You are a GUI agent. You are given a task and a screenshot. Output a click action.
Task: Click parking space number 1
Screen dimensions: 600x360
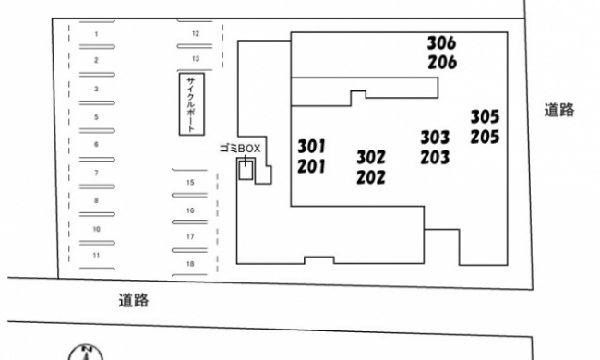click(x=96, y=34)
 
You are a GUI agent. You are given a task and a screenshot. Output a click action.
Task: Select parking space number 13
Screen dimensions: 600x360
click(x=196, y=59)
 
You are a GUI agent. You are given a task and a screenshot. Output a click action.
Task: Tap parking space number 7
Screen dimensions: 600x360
click(x=96, y=174)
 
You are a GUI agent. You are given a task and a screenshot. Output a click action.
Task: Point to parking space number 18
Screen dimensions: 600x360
click(x=190, y=264)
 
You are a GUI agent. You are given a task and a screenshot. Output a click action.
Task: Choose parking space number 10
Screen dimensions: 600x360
click(x=96, y=229)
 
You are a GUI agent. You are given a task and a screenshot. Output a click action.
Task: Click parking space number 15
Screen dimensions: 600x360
click(x=190, y=183)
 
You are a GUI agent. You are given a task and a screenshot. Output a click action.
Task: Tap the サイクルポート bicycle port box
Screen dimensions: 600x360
click(x=192, y=104)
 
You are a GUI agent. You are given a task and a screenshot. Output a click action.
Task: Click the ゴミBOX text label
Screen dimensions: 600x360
click(x=240, y=149)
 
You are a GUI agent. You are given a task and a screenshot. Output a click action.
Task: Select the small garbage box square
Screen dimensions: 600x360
click(x=246, y=170)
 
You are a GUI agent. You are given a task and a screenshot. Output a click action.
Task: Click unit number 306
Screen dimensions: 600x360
click(x=441, y=43)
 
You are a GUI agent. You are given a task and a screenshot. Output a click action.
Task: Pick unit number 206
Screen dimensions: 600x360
click(x=442, y=63)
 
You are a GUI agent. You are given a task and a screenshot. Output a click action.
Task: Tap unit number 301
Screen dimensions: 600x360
click(x=311, y=146)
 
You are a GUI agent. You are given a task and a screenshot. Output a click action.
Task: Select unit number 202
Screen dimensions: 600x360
click(x=371, y=177)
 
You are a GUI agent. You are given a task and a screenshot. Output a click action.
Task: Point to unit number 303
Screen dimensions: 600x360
click(x=435, y=138)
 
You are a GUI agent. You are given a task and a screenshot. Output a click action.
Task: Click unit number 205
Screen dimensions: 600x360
click(x=485, y=137)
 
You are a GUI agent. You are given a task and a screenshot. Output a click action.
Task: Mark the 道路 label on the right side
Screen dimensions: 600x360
click(x=559, y=110)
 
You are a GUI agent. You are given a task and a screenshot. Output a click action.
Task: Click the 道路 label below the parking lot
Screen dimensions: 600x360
click(x=134, y=300)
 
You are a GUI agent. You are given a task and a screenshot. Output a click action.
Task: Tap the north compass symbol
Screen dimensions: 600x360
click(x=86, y=352)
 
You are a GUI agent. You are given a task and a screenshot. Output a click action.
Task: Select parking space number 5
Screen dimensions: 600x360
click(x=96, y=117)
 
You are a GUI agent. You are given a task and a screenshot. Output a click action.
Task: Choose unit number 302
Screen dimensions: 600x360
click(x=371, y=157)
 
